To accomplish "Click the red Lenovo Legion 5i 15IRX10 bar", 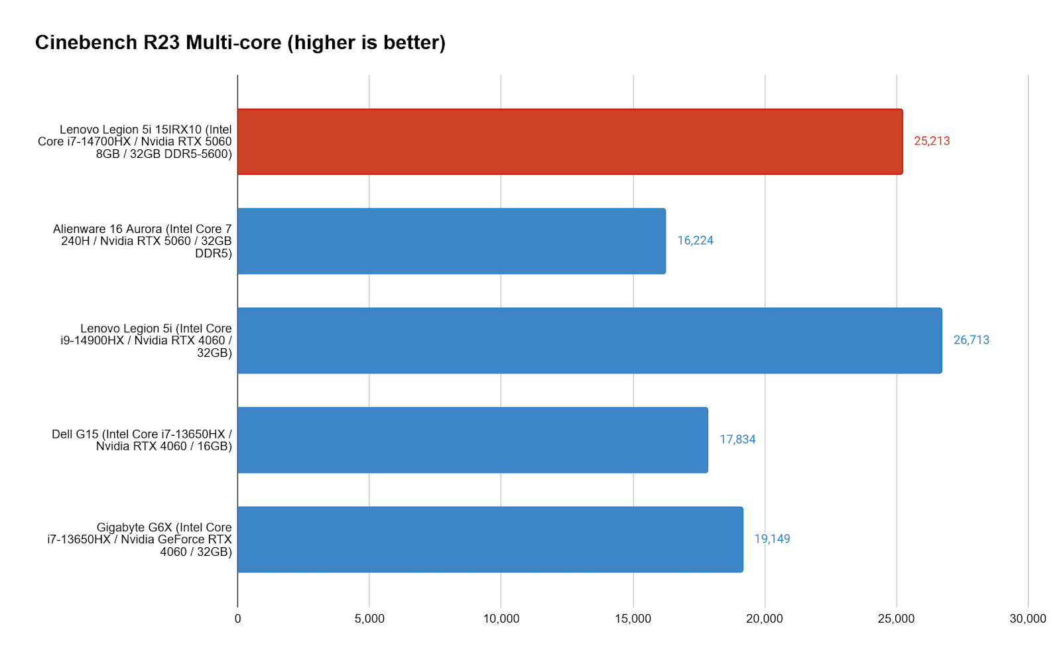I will [570, 142].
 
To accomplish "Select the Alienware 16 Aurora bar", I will [452, 241].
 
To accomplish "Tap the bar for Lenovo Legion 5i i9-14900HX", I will [590, 340].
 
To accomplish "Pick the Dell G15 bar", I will [473, 440].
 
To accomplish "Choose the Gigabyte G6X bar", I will [490, 539].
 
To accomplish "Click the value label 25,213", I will [932, 141].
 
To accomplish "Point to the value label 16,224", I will [695, 241].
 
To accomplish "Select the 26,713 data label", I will [971, 340].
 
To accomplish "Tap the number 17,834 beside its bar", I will [737, 440].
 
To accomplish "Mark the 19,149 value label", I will [772, 539].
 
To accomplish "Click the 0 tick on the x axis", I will [238, 619].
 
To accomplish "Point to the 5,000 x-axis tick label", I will [369, 619].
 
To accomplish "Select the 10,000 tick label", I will [501, 619].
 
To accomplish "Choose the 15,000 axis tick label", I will [633, 619].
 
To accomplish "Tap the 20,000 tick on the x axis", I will [765, 619].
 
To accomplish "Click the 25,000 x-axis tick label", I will [896, 619].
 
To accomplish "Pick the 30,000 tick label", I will [1028, 619].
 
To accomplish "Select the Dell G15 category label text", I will [142, 440].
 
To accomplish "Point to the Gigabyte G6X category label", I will [140, 539].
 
